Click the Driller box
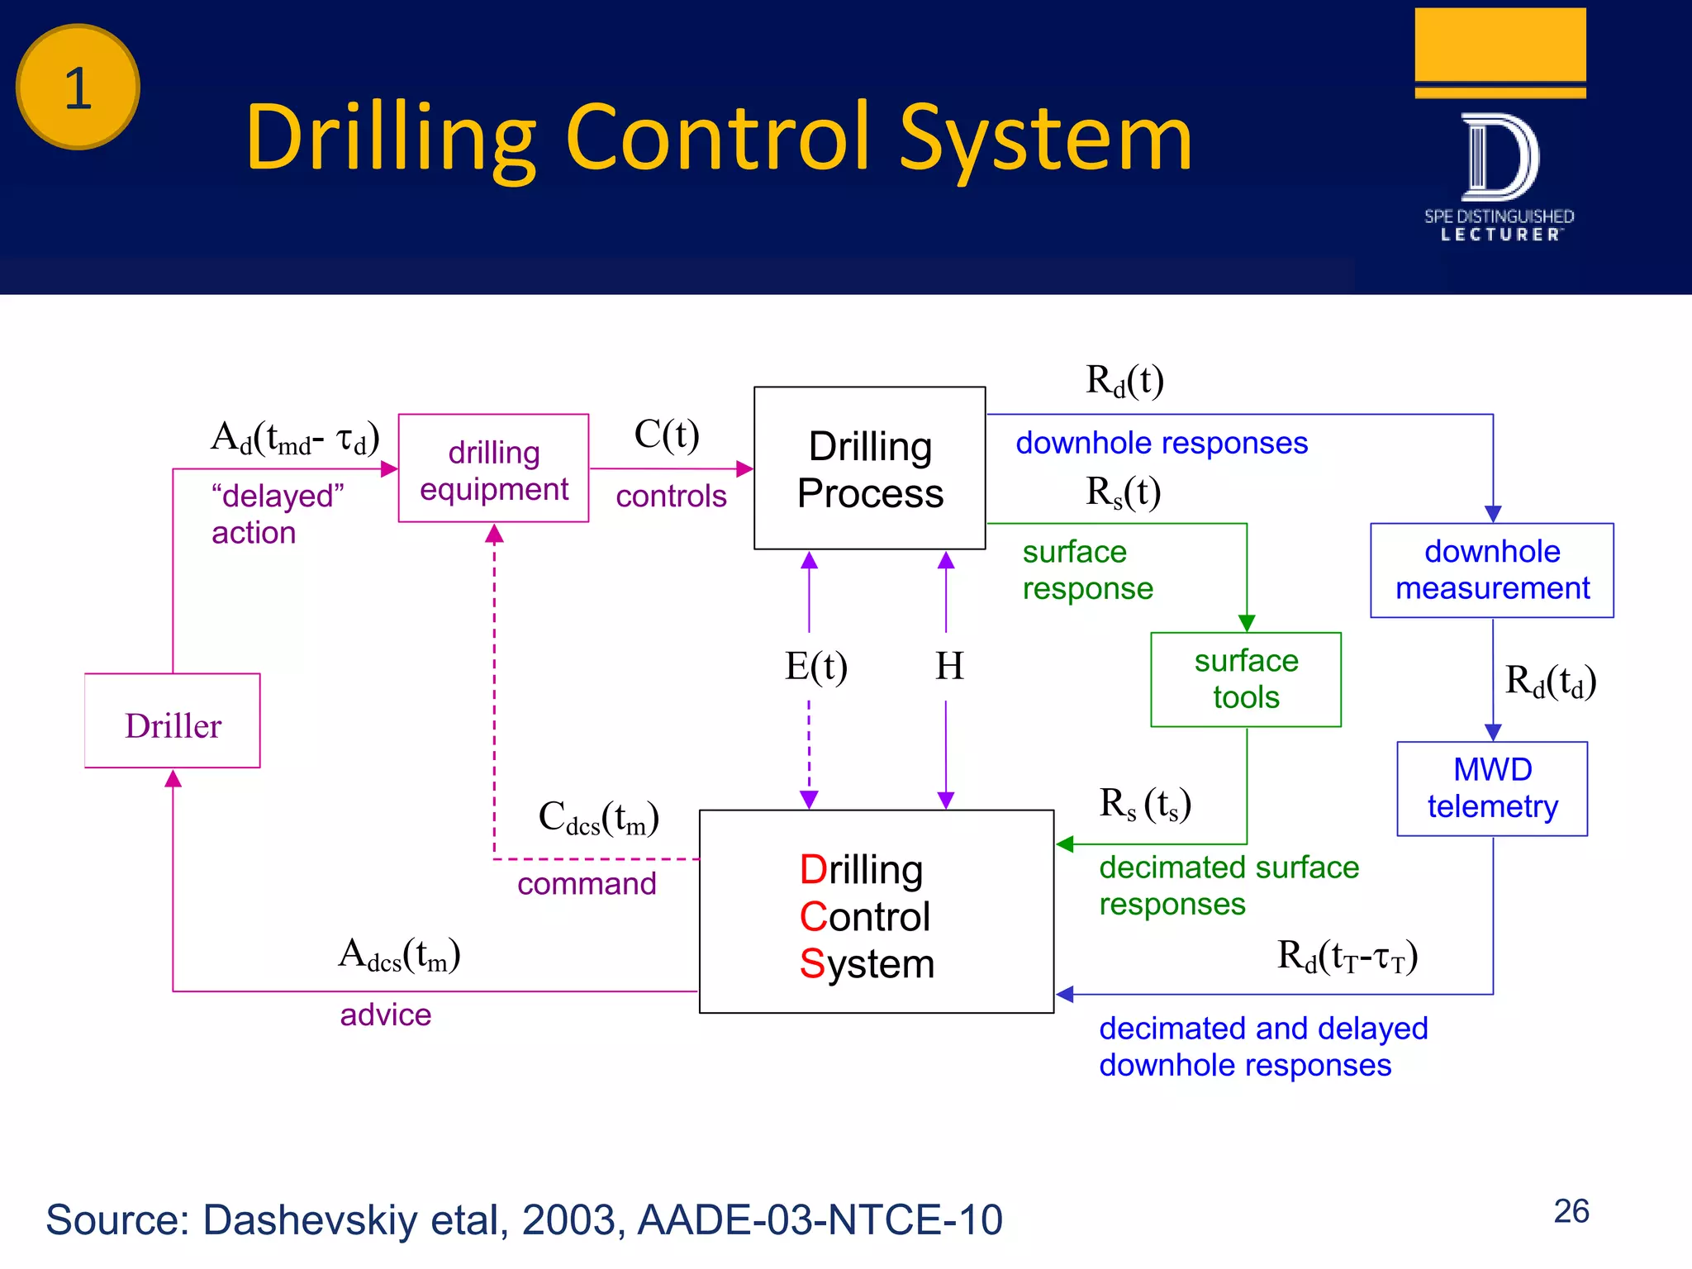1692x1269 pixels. coord(172,721)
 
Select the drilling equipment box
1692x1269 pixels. coord(493,468)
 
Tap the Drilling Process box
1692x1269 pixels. coord(869,468)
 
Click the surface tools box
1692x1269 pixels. coord(1245,679)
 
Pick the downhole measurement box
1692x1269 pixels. coord(1491,570)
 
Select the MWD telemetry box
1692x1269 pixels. coord(1491,788)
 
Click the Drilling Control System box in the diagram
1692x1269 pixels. coord(876,911)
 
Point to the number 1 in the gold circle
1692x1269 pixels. coord(78,88)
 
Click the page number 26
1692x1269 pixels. coord(1571,1211)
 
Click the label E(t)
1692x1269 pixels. coord(815,666)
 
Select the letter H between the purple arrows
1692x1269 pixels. coord(948,666)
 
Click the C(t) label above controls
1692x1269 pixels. coord(666,435)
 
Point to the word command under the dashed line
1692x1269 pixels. coord(587,884)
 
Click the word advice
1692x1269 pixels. coord(385,1015)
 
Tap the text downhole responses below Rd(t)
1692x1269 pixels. coord(1161,444)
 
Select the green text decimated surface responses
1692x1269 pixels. coord(1228,886)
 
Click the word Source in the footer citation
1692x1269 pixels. coord(117,1220)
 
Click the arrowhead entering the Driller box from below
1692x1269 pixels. coord(173,778)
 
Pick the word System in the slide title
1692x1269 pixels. coord(1045,139)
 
